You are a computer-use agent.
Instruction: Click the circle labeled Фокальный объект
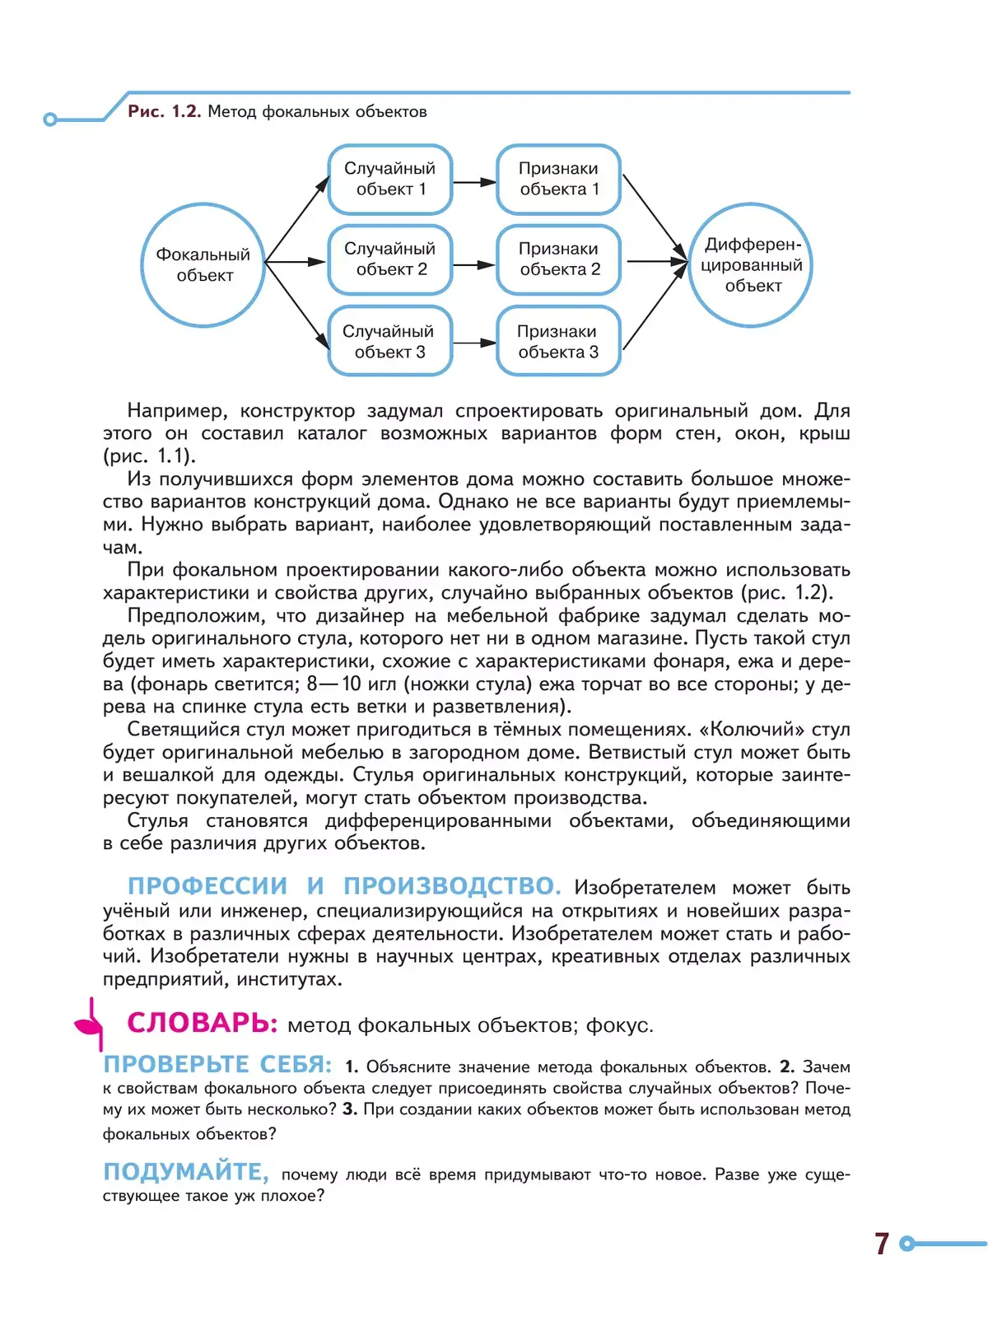[203, 264]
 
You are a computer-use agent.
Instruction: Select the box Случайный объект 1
[390, 179]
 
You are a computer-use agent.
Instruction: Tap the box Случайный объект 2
[390, 259]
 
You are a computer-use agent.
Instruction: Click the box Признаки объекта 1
[558, 179]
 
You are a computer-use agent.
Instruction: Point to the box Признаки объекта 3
[558, 341]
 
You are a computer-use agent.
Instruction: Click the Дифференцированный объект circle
[750, 264]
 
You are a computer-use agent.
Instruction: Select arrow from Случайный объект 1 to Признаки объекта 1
[475, 182]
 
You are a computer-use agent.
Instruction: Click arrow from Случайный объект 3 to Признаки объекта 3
[475, 343]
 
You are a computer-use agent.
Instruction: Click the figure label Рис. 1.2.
[164, 111]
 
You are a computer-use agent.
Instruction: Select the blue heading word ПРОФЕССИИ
[207, 886]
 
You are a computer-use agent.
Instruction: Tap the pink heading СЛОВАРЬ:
[203, 1023]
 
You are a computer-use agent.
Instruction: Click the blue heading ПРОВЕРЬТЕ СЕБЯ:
[217, 1064]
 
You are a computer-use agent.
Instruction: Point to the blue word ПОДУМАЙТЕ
[185, 1171]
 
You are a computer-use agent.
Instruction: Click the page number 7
[882, 1243]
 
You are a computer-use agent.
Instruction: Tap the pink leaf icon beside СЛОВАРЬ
[89, 1024]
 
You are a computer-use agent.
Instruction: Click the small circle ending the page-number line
[907, 1244]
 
